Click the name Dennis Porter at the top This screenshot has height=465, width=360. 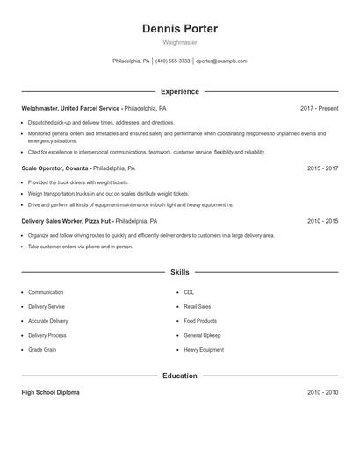[179, 29]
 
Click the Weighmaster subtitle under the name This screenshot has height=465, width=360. [179, 42]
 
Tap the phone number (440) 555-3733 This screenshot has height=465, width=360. [173, 61]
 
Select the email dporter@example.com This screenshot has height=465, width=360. [221, 61]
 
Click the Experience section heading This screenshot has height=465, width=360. [180, 91]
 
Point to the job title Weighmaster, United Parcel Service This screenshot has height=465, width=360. [71, 109]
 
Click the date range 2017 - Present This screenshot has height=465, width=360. [319, 109]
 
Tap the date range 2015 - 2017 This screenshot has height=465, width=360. [322, 168]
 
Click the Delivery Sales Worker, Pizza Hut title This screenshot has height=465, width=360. [67, 222]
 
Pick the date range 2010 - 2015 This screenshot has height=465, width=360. [322, 222]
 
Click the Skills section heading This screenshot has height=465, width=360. [180, 272]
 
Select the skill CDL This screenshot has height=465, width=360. [190, 292]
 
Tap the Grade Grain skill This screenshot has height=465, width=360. [42, 350]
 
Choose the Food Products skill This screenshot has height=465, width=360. [200, 321]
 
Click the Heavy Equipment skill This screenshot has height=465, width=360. [204, 350]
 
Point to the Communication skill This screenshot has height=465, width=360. [46, 292]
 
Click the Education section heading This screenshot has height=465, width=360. [180, 376]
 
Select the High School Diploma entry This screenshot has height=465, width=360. [50, 392]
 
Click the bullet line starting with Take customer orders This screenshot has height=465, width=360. [81, 247]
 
